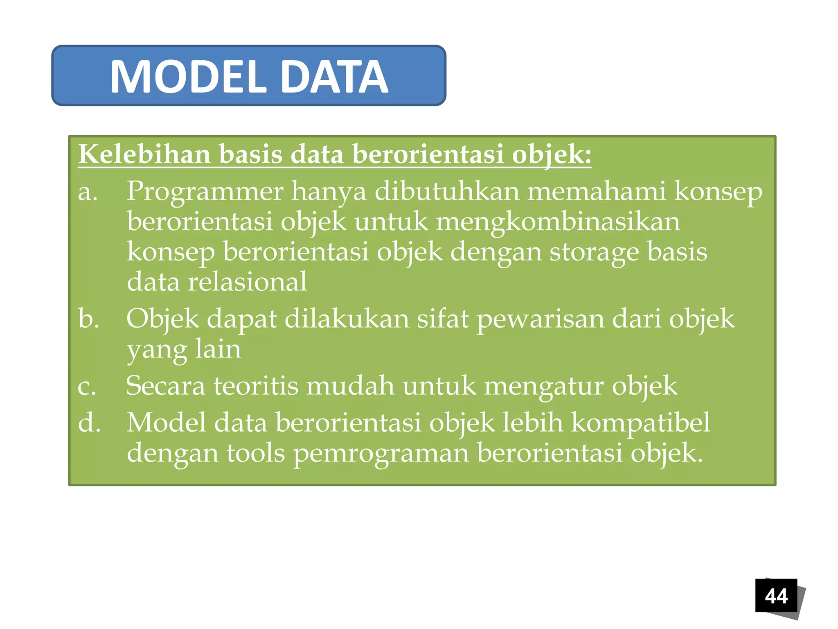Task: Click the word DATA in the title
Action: tap(334, 77)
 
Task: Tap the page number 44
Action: tap(776, 596)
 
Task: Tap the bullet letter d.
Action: tap(89, 423)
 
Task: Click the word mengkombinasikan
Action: tap(558, 222)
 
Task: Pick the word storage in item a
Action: tap(594, 252)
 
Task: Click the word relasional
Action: tap(247, 282)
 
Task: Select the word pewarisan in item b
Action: tap(540, 319)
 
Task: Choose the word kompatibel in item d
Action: tap(640, 423)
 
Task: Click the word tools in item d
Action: tap(256, 453)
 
